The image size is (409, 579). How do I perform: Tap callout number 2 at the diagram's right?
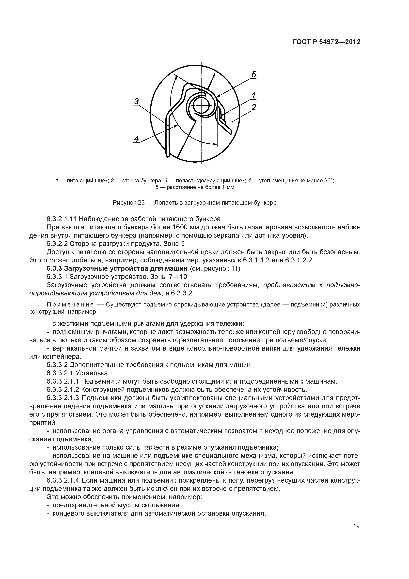[254, 107]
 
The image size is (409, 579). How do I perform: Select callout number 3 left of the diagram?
[136, 101]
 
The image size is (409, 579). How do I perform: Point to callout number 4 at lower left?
[136, 139]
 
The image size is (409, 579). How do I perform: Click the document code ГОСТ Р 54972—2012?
[326, 42]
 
